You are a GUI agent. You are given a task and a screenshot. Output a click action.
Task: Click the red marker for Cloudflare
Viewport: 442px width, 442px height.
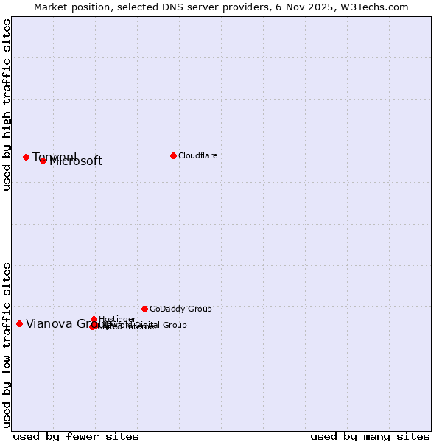(x=173, y=155)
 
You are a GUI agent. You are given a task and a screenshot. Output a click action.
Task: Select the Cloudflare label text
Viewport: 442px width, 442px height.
(x=197, y=155)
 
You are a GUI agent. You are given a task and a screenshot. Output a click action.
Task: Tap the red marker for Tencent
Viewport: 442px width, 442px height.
(x=26, y=157)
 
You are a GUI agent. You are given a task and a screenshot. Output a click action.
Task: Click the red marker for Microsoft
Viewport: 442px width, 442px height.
(x=43, y=161)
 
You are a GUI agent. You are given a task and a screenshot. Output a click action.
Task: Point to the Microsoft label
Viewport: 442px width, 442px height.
(x=76, y=161)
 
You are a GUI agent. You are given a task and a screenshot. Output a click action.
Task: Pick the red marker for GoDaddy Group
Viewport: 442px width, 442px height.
(x=144, y=309)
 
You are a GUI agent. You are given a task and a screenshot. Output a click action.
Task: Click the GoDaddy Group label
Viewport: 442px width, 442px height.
(x=180, y=309)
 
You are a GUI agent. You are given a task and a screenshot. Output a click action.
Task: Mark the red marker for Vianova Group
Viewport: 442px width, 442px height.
(x=19, y=323)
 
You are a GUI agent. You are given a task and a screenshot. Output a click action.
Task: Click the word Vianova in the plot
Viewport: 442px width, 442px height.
(x=49, y=323)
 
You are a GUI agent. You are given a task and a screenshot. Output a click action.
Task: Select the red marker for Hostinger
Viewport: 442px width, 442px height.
(x=94, y=319)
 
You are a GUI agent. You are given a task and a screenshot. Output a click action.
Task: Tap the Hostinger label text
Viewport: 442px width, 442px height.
(x=117, y=319)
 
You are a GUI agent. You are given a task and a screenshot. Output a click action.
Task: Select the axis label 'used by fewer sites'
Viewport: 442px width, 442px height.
(x=76, y=436)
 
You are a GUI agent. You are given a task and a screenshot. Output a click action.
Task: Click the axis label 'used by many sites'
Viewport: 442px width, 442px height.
(x=370, y=436)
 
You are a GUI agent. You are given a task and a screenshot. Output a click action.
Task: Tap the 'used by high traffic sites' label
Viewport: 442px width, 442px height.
(x=7, y=105)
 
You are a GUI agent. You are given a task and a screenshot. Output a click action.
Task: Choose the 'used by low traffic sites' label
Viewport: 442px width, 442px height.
(x=7, y=345)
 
